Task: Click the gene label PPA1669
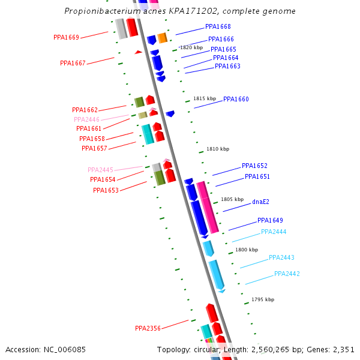[x=66, y=37]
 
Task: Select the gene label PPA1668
[x=218, y=26]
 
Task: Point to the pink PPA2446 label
[x=86, y=119]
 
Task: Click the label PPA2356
[x=148, y=328]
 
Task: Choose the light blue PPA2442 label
[x=287, y=274]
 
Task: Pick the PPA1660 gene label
[x=236, y=99]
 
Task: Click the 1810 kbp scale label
[x=218, y=149]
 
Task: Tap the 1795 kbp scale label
[x=263, y=299]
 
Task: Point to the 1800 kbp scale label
[x=247, y=250]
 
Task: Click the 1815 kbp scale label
[x=204, y=98]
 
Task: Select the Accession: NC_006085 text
[x=46, y=349]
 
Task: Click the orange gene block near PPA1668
[x=162, y=38]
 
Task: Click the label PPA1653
[x=106, y=190]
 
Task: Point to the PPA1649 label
[x=270, y=220]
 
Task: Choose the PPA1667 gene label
[x=73, y=63]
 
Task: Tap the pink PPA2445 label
[x=100, y=170]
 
